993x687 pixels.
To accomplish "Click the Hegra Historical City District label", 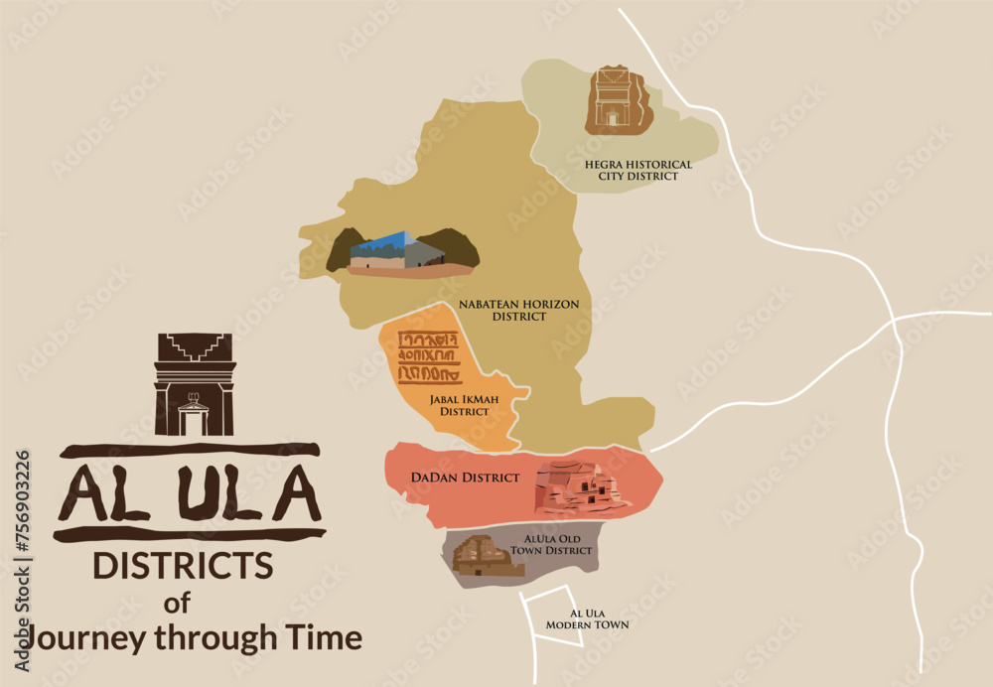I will click(x=638, y=170).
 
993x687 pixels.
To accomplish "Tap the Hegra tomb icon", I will click(x=614, y=100).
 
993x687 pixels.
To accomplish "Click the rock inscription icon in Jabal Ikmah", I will click(x=429, y=358).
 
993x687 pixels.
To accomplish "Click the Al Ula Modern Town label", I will click(x=587, y=619).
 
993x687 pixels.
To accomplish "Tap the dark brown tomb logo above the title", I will click(x=195, y=384).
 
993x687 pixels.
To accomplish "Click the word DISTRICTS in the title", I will click(x=183, y=566).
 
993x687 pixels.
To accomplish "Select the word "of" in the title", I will click(x=177, y=602).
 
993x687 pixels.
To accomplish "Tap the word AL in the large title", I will click(x=99, y=493).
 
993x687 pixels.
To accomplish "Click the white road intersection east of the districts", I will click(x=893, y=319).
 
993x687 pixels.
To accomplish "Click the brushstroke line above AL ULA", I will click(x=190, y=450).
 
